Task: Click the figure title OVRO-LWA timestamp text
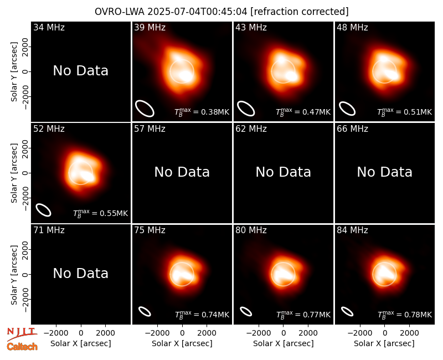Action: [x=221, y=12]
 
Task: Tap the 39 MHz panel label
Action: [x=150, y=27]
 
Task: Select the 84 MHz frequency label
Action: [x=352, y=230]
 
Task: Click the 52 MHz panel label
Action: [x=49, y=129]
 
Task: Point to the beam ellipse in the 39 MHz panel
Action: [x=145, y=109]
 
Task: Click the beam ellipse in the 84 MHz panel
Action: [x=347, y=311]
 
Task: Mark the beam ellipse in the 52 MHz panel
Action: [x=43, y=210]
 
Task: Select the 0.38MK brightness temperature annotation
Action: [x=202, y=112]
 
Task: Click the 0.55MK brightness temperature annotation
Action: [x=101, y=213]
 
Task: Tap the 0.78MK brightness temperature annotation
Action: [x=405, y=314]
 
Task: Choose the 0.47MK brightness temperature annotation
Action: [x=303, y=112]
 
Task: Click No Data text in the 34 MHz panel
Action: [x=80, y=71]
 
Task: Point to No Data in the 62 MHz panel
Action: [x=284, y=172]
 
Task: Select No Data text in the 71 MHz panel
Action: [x=80, y=273]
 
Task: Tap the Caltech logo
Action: [x=22, y=347]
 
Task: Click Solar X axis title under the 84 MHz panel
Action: [x=384, y=343]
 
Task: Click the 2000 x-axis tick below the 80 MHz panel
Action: [x=308, y=333]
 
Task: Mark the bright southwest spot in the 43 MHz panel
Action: [x=291, y=76]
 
